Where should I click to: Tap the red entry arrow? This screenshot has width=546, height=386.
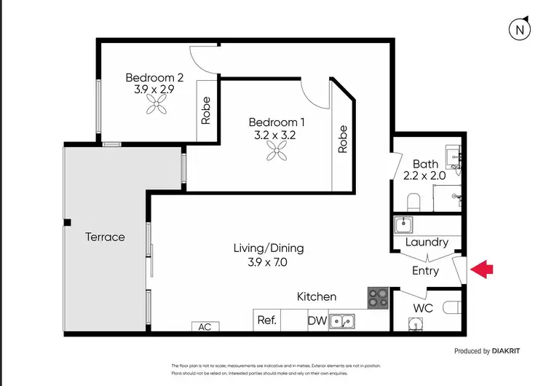coord(481,270)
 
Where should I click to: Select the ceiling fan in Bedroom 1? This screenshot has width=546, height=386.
coord(277,151)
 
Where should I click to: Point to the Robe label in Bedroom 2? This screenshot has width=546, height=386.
coord(206,111)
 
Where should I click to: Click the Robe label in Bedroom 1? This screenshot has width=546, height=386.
coord(342,139)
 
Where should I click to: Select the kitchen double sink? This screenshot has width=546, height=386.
coord(341,320)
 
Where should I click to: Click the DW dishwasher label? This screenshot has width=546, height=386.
coord(317,320)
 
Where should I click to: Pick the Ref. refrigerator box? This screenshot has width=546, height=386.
coord(266,320)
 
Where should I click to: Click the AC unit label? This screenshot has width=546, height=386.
coord(205,327)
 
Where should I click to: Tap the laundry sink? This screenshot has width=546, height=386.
coord(404,224)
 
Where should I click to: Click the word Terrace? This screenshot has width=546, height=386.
coord(105,237)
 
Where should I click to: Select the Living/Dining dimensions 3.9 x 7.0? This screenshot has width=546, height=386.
coord(269,262)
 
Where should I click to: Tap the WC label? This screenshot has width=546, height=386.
coord(423,308)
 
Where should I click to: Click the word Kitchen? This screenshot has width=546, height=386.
coord(316,296)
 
